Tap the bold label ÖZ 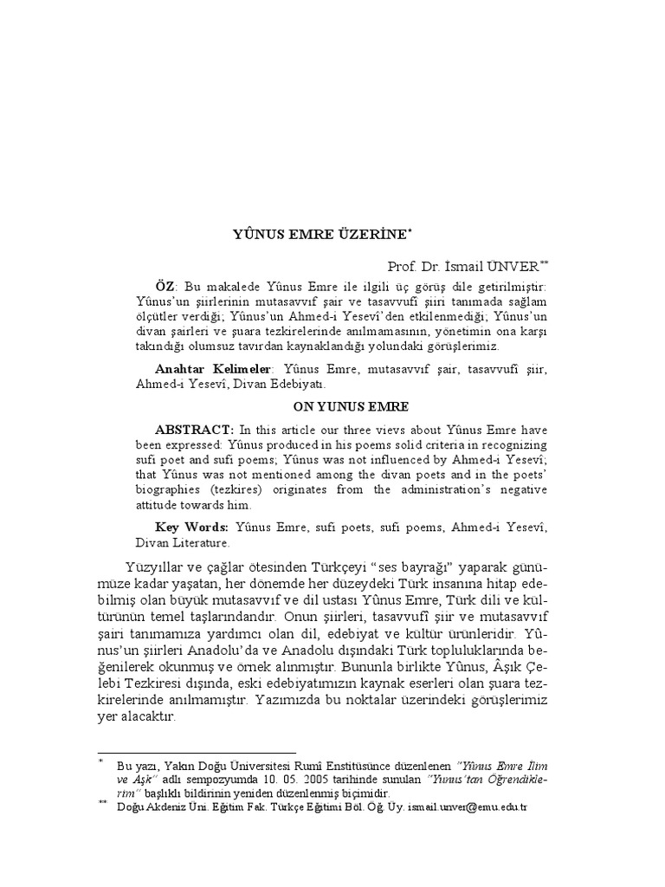click(165, 285)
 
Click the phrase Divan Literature click(182, 543)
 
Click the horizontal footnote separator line click(197, 753)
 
